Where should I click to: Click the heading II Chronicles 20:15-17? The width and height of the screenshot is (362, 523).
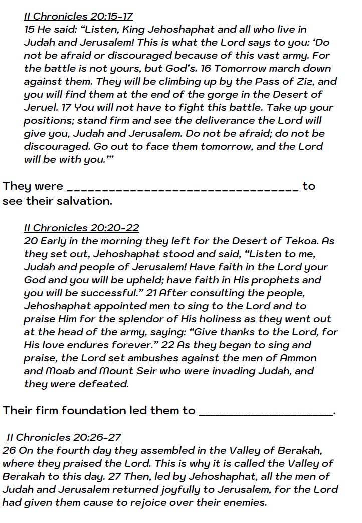click(x=78, y=17)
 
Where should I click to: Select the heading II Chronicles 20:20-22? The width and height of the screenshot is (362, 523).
click(x=81, y=228)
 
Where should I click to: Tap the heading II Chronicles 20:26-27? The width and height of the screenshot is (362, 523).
click(x=64, y=437)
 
